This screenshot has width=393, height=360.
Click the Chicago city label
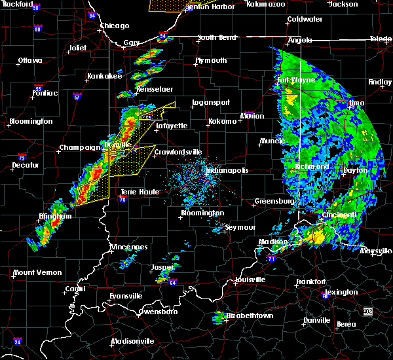coord(114,26)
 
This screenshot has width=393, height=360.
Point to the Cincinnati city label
coord(339,215)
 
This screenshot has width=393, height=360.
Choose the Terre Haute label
coord(136,192)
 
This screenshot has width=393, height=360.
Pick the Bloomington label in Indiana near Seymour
coord(202,213)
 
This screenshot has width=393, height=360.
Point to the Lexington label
coord(341,292)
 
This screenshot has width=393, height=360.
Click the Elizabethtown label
coord(250,315)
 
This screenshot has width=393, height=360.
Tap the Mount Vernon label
coord(37,272)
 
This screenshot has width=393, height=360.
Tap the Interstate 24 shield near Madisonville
coord(17,342)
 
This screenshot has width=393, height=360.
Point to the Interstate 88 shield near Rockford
coord(38,29)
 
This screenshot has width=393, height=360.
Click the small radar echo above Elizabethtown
coord(219,317)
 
